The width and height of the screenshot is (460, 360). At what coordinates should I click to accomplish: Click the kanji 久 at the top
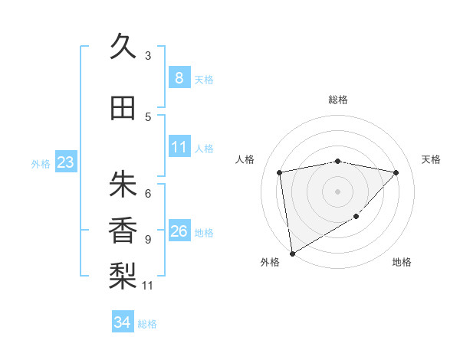coord(122,47)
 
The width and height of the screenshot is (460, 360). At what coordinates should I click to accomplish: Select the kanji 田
coord(122,109)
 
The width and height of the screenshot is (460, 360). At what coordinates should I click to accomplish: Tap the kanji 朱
coord(122,184)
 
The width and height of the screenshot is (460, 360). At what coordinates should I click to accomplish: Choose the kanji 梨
coord(122,275)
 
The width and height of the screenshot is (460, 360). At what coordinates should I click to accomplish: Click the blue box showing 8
coord(179,78)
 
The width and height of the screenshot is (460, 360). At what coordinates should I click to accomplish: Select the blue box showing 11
coord(179,147)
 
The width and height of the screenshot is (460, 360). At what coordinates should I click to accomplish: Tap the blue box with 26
coord(179,231)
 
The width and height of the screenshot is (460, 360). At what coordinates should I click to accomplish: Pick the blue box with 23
coord(65,162)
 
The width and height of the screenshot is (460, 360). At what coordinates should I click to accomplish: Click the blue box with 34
coord(122,322)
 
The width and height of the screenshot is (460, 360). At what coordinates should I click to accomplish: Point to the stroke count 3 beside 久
coord(148,56)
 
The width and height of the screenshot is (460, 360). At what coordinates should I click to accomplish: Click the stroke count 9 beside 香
coord(148,239)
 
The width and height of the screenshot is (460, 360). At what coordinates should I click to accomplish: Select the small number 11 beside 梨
coord(148,286)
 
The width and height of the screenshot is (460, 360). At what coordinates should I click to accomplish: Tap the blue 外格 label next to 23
coord(41,163)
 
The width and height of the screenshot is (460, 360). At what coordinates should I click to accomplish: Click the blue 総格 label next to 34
coord(147,323)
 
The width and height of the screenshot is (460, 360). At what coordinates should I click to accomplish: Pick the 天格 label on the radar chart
coord(432,159)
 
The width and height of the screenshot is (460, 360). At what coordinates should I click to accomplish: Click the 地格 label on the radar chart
coord(402,262)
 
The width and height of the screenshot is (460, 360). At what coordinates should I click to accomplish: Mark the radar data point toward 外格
coord(291,253)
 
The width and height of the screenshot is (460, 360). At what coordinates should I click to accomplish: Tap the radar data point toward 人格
coord(280,172)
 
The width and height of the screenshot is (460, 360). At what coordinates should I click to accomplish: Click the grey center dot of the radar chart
coord(337,191)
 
